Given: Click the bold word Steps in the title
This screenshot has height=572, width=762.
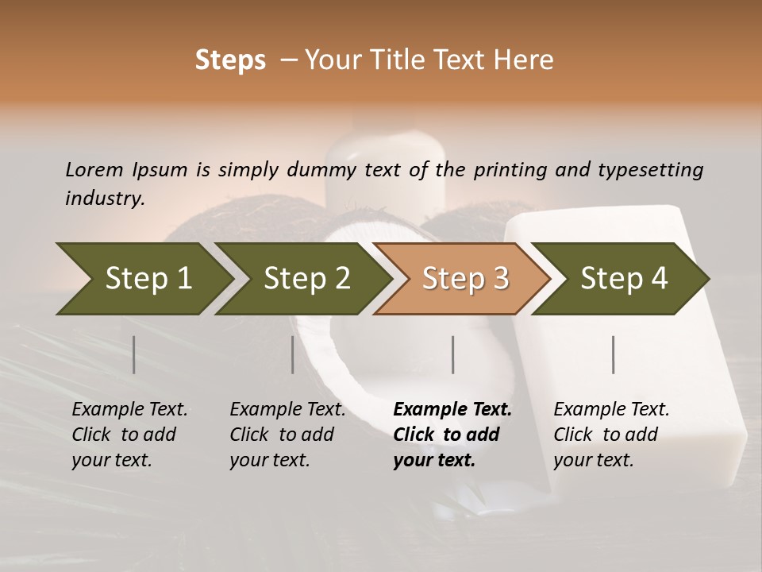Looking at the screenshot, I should click(230, 60).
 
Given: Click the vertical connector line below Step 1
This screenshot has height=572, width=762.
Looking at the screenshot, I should click(134, 354).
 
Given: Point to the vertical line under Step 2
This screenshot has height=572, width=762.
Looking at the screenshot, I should click(293, 354).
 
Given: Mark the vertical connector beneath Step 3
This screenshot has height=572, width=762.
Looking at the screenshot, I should click(453, 354).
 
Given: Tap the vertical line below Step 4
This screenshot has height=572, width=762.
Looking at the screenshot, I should click(614, 354).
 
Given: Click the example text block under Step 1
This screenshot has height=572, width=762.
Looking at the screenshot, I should click(129, 435).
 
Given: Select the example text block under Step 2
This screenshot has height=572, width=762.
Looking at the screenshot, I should click(287, 435).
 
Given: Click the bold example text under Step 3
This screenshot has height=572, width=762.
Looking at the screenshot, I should click(452, 435).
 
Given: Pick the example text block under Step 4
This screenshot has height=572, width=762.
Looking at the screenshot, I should click(611, 435).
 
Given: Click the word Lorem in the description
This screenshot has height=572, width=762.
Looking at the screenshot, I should click(94, 170).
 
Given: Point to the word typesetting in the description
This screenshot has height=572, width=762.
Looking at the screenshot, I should click(650, 170).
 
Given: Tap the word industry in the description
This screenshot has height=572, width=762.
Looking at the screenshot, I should click(104, 199).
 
